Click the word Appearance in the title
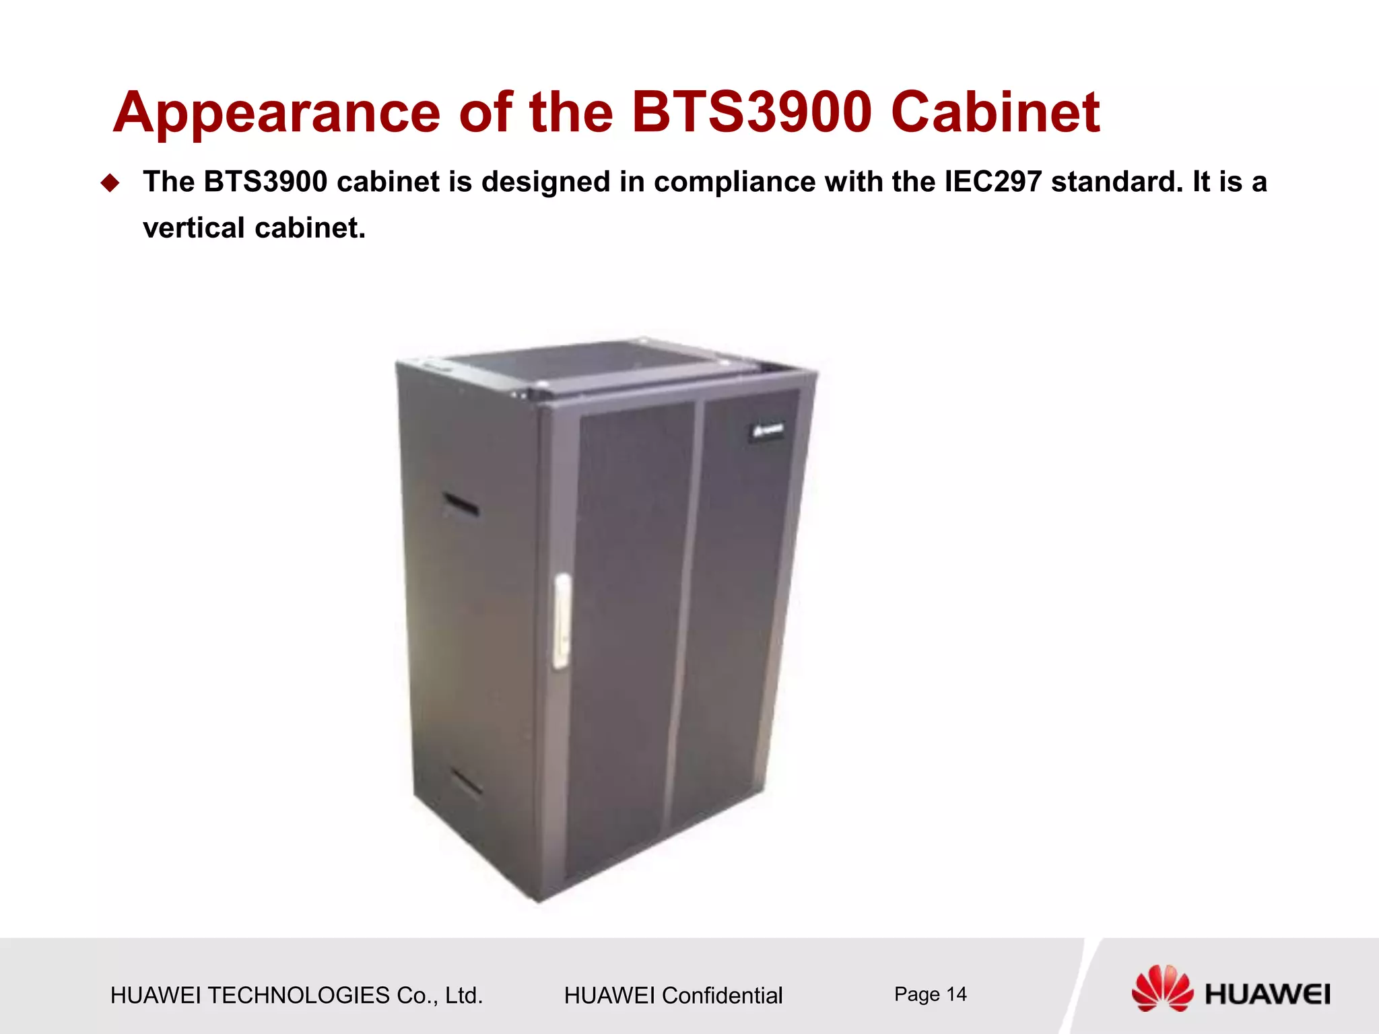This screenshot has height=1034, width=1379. [276, 113]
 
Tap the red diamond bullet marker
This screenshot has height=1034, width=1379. [110, 183]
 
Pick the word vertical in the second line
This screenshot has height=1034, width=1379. [194, 229]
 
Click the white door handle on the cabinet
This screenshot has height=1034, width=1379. [561, 621]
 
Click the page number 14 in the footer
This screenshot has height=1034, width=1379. [955, 994]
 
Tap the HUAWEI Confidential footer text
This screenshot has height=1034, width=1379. [673, 996]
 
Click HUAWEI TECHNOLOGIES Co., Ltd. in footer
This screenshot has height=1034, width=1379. [296, 996]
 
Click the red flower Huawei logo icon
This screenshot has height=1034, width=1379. [1162, 988]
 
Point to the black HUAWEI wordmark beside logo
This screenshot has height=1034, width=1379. [1267, 995]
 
